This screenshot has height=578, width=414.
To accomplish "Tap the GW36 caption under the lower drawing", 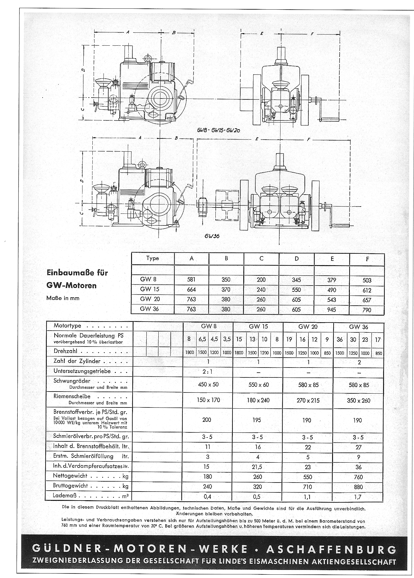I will (212, 236).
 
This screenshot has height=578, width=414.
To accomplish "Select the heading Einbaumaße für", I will (77, 273).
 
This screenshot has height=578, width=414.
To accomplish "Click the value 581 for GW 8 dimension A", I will (191, 280).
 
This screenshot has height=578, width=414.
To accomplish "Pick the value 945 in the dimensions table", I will (332, 310).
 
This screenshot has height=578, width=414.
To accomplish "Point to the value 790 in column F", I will (367, 310).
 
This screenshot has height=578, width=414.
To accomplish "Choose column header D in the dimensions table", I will (296, 259).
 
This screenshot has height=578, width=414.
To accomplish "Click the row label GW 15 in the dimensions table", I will (150, 289).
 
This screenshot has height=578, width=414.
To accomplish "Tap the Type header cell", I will (152, 259).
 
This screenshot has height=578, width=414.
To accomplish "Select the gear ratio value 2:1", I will (208, 371).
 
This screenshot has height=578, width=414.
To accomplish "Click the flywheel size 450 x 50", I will (208, 385).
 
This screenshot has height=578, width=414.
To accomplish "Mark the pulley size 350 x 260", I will (359, 400).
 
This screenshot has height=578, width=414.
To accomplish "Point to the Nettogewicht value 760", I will (358, 477).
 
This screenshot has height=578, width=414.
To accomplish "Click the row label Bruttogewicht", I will (70, 486).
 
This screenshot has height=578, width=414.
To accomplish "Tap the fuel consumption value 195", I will (257, 420).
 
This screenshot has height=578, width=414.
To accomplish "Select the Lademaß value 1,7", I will (358, 497).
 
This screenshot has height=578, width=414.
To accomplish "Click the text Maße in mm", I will (63, 298).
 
